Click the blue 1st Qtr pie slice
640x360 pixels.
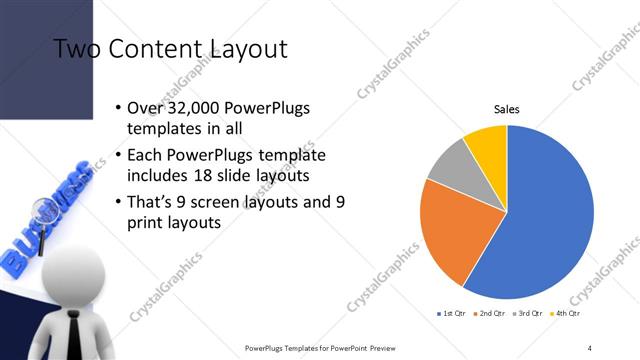[550, 220]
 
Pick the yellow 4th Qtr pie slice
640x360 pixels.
[488, 143]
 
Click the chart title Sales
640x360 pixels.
[507, 109]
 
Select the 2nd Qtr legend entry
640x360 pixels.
[488, 314]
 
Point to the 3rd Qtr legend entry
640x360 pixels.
[525, 314]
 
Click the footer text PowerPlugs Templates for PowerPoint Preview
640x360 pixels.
[319, 347]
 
